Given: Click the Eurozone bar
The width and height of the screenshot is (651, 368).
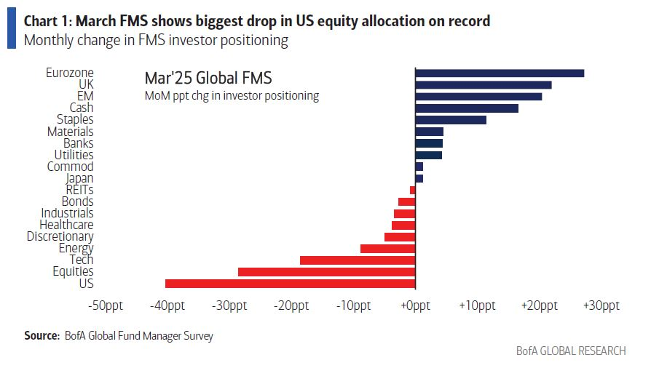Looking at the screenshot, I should point(500,73).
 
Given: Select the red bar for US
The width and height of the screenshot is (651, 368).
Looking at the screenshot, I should point(290,284).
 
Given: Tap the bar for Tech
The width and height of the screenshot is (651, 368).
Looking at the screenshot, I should point(357,260).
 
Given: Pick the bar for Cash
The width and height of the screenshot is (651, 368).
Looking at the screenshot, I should point(467,108).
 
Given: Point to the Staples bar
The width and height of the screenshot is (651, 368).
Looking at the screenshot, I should point(451,120).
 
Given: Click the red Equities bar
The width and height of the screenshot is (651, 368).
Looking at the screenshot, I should point(326,272).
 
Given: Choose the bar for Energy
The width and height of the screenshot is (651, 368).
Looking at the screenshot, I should point(387,249).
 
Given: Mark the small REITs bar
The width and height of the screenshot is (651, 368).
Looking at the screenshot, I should point(412,190).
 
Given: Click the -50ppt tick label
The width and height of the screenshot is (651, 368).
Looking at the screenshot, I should point(105,305).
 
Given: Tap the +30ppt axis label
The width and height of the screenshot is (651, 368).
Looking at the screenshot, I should point(601,305).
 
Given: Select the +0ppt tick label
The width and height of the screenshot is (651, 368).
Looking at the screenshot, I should point(415,305).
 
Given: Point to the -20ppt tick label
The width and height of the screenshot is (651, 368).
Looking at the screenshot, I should point(291,305).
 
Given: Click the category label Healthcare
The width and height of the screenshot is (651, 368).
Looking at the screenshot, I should point(66,225).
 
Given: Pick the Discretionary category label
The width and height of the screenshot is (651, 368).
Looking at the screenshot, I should point(60,236).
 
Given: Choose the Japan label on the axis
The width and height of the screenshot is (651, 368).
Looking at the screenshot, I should point(79,178).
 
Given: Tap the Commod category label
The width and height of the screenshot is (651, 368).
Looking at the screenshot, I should point(70,167).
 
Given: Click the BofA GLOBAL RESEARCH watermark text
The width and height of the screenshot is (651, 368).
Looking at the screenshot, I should point(570,351).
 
